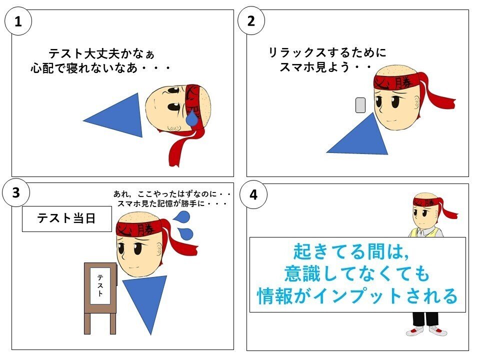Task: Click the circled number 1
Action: (18, 21)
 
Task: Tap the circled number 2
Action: (251, 21)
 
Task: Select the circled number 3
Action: (16, 193)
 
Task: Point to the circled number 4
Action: (253, 194)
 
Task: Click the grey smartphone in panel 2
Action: (360, 105)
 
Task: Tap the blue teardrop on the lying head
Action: (192, 118)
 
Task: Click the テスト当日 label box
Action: (66, 218)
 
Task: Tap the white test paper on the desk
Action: (100, 285)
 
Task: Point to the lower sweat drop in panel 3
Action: (186, 234)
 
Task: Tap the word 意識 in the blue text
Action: (303, 273)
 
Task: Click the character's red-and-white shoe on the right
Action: (438, 330)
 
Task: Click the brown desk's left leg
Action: (87, 323)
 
